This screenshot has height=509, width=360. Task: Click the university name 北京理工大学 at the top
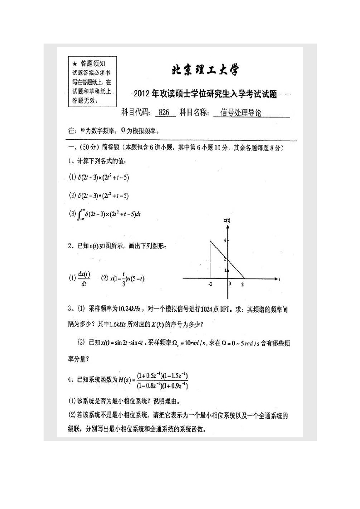coord(204,70)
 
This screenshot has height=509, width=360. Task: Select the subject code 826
coord(165,113)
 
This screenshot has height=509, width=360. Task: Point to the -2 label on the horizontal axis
coord(210,284)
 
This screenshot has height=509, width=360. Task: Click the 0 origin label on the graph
coord(230,284)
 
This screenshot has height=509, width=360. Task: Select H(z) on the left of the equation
coord(123,380)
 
